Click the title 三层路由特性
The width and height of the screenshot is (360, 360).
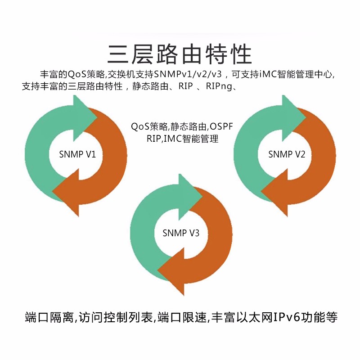tap(180, 54)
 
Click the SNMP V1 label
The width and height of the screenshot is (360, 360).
tap(77, 154)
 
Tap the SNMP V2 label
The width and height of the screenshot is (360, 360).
tap(287, 154)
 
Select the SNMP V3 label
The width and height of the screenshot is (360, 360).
tap(181, 233)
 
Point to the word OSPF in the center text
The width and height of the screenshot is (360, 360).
tap(221, 126)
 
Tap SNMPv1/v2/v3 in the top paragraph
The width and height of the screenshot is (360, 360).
tap(188, 74)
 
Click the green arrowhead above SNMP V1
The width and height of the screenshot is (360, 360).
tap(85, 118)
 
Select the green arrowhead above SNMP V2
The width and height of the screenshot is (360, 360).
tap(294, 118)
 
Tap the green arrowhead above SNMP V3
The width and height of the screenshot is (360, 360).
tap(190, 197)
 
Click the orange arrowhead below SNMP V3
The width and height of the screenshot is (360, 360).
tap(171, 271)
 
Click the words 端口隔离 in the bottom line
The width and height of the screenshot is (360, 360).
tap(49, 317)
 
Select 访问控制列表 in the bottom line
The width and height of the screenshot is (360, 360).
tap(116, 317)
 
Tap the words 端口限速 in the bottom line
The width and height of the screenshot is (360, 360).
tap(182, 317)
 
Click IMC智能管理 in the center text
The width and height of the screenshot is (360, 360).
tap(191, 139)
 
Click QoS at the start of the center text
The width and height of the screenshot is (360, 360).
tap(140, 126)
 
